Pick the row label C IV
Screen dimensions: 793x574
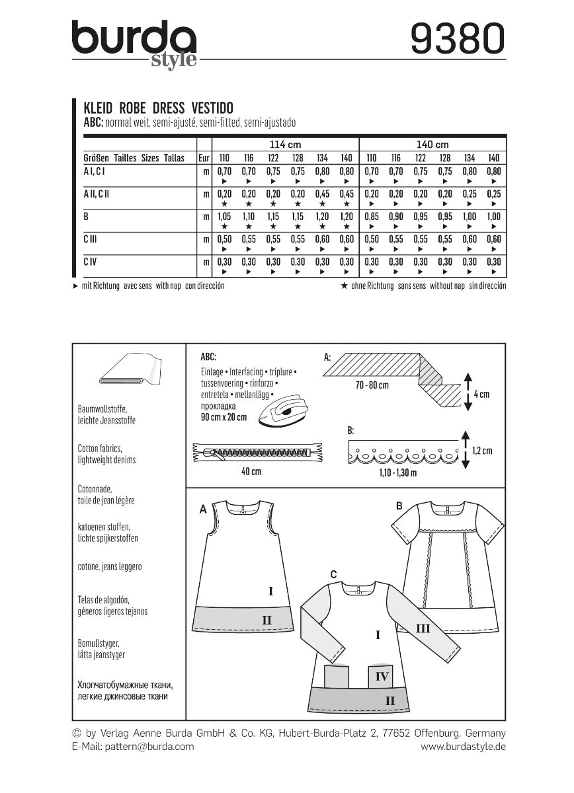[x=91, y=263]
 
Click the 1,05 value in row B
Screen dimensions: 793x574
[x=224, y=216]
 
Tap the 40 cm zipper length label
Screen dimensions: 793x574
[x=251, y=472]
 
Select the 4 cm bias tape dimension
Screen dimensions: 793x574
[x=481, y=394]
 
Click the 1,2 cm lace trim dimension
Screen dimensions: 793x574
[x=481, y=451]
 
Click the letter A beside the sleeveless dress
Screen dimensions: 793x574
[x=203, y=510]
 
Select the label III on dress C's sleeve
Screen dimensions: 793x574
[x=422, y=628]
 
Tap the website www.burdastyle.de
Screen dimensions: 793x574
[x=463, y=746]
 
